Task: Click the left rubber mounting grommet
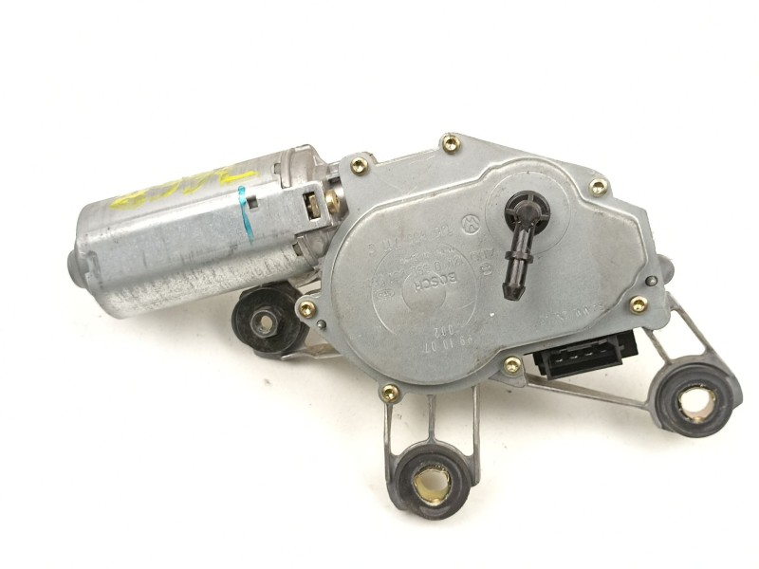tap(267, 320)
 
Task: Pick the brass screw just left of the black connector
tap(512, 365)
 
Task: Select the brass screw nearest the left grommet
tap(306, 309)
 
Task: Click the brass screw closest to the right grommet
tap(639, 304)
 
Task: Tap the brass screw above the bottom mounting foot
tap(390, 392)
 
